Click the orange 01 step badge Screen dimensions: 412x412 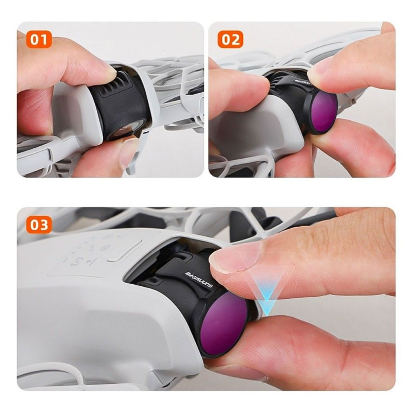39,40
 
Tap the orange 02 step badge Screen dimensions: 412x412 230,40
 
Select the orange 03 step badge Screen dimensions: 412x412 39,225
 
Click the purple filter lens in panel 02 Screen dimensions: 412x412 324,111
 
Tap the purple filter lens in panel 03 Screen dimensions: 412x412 226,323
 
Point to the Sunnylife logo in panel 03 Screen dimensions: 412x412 199,280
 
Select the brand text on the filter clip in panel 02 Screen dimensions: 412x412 302,83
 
